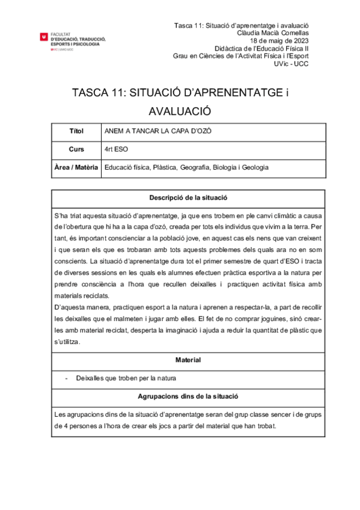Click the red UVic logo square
[x=43, y=38]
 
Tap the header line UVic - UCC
[x=291, y=64]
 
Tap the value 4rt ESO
[x=116, y=149]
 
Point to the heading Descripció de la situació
[x=188, y=197]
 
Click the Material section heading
[x=188, y=360]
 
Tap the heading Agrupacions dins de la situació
[x=188, y=397]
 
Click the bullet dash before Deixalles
[x=66, y=379]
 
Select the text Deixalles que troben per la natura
[x=126, y=379]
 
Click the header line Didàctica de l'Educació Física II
[x=261, y=49]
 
